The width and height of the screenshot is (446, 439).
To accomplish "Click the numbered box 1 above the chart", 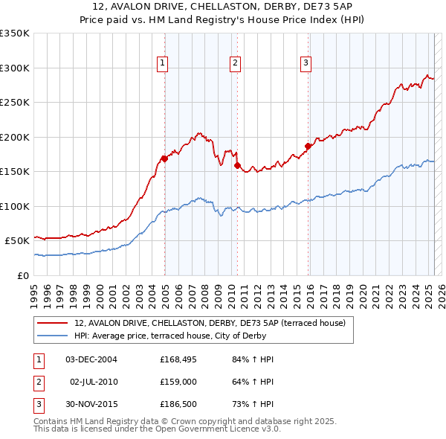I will [x=162, y=63].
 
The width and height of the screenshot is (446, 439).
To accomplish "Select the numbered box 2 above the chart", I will [x=234, y=63].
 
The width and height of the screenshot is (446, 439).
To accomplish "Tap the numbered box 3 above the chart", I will [x=306, y=63].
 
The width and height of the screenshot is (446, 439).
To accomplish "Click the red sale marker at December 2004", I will [x=164, y=158].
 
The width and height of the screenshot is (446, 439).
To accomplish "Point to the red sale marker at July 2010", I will [x=237, y=165].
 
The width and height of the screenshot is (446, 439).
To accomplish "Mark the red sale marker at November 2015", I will [x=308, y=146].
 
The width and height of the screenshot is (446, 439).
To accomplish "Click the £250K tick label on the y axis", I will [x=15, y=103].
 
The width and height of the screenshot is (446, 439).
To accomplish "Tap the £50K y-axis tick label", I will [x=17, y=241].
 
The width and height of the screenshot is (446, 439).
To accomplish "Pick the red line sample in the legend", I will [x=52, y=324].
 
